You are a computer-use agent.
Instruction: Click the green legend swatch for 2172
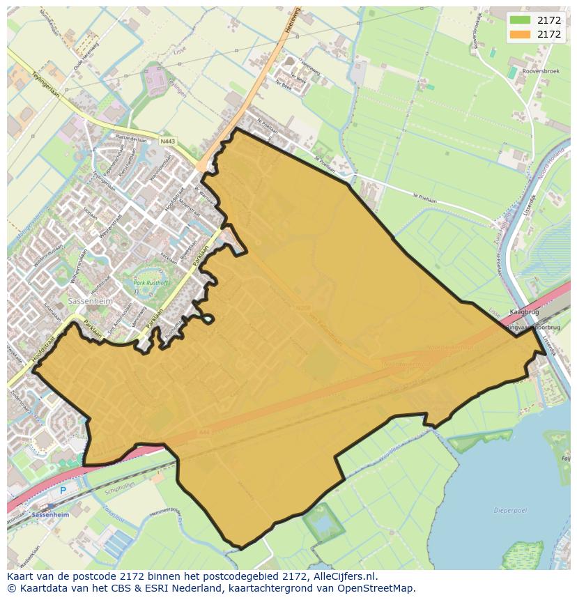[520, 20]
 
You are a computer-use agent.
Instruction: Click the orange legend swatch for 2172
[520, 34]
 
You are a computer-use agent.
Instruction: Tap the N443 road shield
[167, 141]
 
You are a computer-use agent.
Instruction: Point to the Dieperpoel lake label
[509, 510]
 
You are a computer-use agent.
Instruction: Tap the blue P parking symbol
[63, 490]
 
